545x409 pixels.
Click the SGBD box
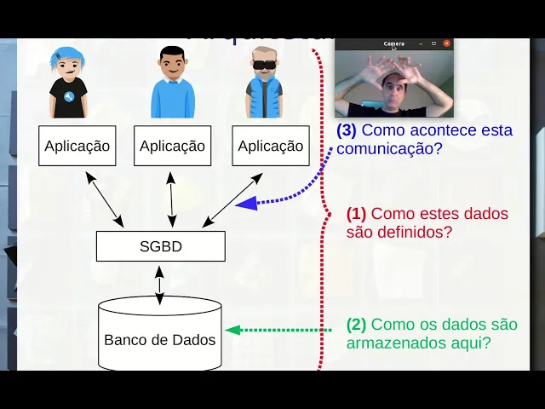coord(160,246)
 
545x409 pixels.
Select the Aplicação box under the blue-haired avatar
coord(77,146)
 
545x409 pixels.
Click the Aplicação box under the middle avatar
coord(172,146)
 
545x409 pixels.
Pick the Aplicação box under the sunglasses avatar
coord(270,146)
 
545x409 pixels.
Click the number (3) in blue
coord(347,130)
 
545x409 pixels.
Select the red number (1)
coord(356,214)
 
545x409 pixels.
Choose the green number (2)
coord(356,325)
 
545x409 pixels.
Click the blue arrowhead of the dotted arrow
coord(247,203)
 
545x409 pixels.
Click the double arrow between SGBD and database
coord(159,283)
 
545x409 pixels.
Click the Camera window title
coord(393,43)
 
